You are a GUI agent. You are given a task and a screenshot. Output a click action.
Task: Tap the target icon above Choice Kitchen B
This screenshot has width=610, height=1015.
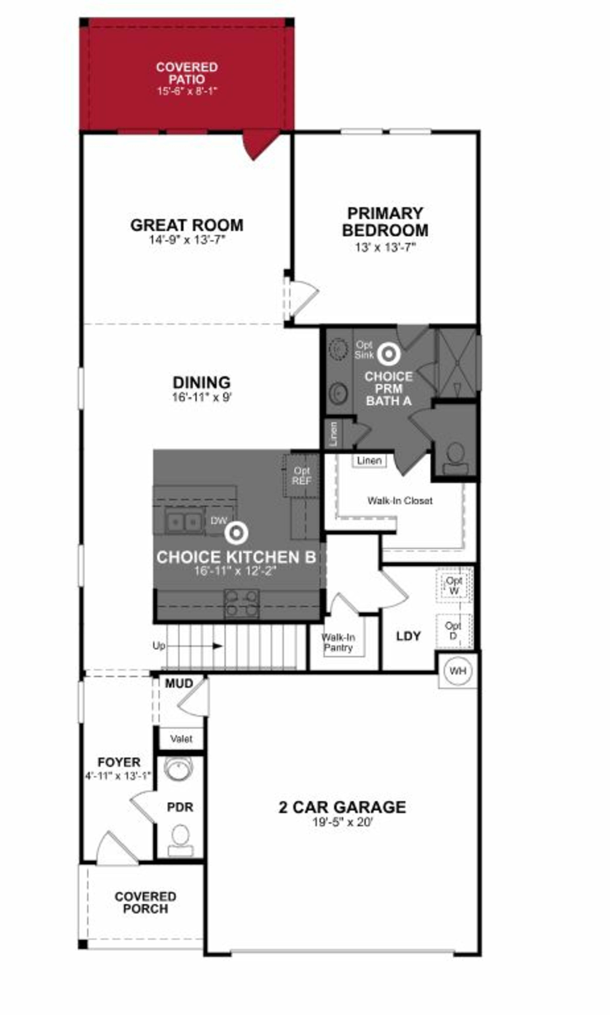(236, 533)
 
